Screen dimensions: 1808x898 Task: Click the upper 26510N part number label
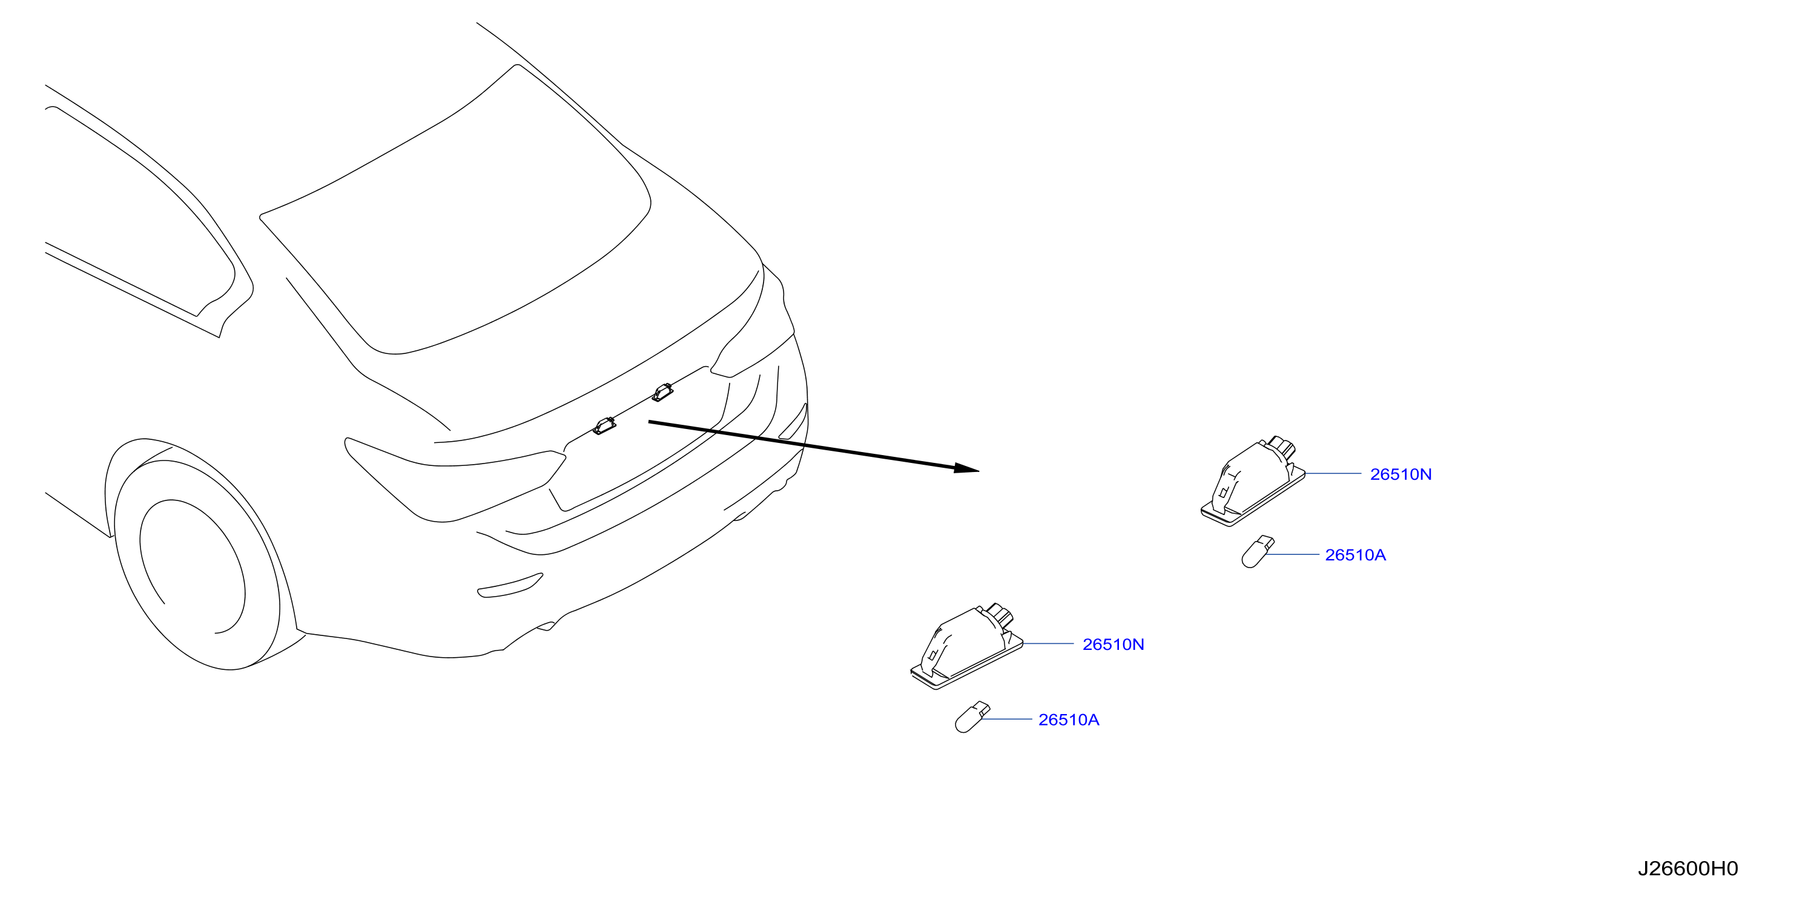tap(1401, 474)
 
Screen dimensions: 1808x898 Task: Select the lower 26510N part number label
tap(1113, 644)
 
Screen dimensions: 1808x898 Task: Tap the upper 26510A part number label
tap(1355, 555)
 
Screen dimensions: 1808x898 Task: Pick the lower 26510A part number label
tap(1069, 720)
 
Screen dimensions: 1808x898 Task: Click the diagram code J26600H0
tap(1688, 868)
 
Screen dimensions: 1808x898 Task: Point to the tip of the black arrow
tap(978, 470)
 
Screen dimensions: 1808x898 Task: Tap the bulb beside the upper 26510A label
tap(1257, 551)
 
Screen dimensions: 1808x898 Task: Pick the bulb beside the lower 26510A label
tap(972, 716)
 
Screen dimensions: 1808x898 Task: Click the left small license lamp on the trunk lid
tap(604, 425)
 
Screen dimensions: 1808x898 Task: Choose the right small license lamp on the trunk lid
tap(662, 392)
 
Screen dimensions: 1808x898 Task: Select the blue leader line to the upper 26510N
tap(1333, 474)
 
